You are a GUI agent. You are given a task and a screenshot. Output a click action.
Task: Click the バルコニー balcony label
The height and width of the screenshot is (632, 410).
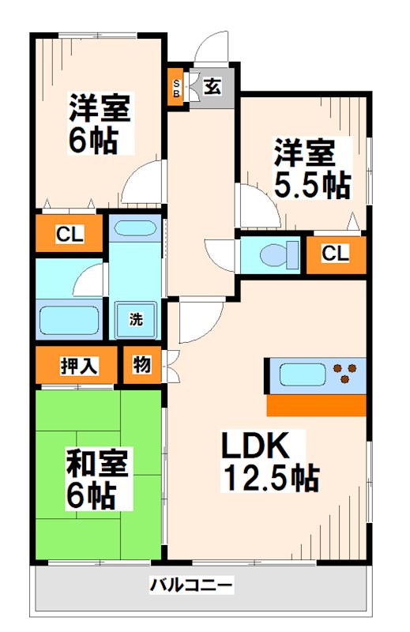[x=191, y=585]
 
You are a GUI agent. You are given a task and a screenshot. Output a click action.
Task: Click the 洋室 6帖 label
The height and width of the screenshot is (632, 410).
[x=99, y=124]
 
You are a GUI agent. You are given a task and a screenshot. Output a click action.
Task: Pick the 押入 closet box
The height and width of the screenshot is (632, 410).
[x=77, y=366]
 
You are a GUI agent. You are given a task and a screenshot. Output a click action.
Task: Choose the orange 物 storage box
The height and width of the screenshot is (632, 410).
[x=142, y=365]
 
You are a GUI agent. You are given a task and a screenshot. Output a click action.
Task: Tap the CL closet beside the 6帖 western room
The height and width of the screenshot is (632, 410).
[x=69, y=233]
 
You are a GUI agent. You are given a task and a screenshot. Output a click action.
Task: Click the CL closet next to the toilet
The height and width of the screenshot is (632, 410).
[x=336, y=254]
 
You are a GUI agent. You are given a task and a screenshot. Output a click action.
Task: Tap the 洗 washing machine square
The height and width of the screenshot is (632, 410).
[x=136, y=320]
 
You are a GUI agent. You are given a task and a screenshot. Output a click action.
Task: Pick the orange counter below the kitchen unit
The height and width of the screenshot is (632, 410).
[x=316, y=405]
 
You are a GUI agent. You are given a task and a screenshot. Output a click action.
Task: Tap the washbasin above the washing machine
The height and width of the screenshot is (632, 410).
[x=135, y=230]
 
